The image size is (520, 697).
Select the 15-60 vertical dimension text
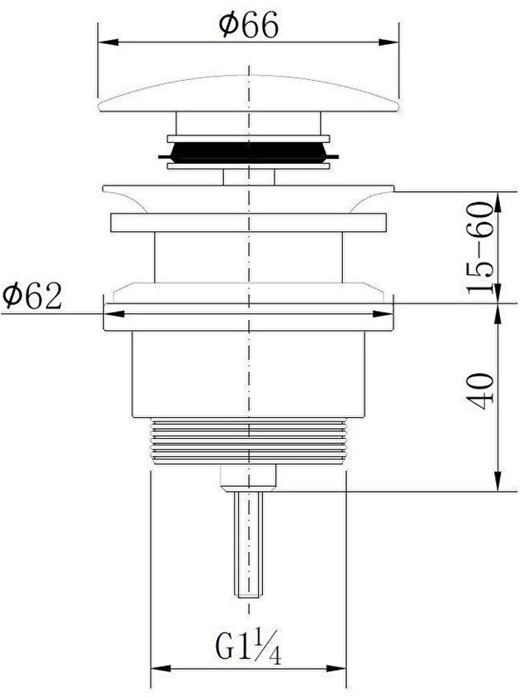click(x=480, y=247)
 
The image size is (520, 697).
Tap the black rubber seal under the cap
click(x=249, y=152)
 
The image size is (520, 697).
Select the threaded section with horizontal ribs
click(x=249, y=441)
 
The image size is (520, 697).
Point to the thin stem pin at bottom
click(x=249, y=544)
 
